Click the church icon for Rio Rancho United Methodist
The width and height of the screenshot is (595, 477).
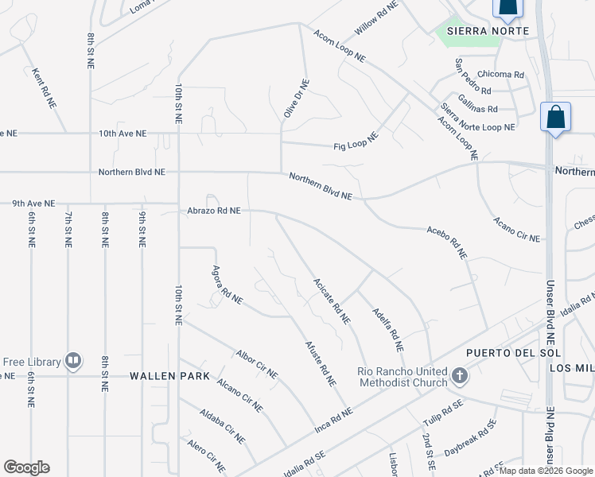tap(459, 375)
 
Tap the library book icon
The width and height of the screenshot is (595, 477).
tap(73, 362)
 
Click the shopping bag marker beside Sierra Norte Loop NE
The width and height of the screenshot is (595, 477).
tap(555, 118)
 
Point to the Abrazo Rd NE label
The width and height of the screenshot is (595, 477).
tap(214, 211)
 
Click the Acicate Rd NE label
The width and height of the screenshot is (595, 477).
tap(332, 301)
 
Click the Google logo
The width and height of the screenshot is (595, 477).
tap(26, 467)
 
